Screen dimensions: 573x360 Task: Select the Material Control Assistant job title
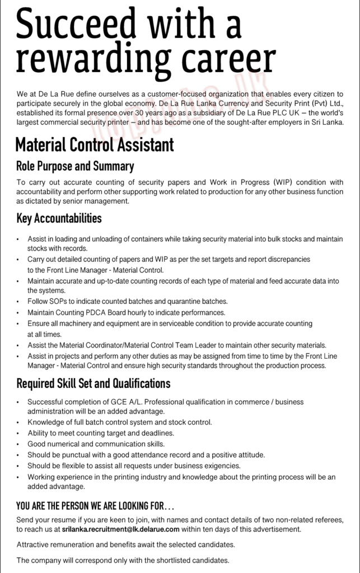95,145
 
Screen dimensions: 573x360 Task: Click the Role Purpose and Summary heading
74,166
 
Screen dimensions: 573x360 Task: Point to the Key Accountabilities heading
59,218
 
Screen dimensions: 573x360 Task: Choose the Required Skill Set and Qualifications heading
93,384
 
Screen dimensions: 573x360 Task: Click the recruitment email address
120,529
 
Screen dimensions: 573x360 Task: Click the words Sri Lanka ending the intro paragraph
328,122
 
